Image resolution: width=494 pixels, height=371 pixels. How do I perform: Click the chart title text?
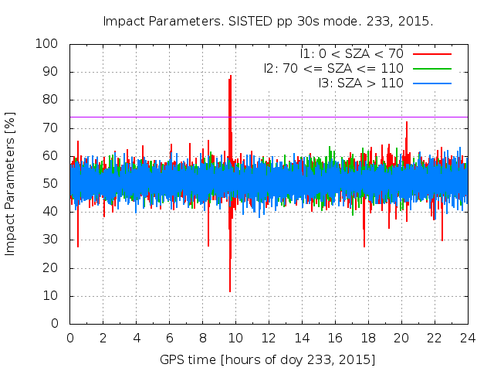coord(268,21)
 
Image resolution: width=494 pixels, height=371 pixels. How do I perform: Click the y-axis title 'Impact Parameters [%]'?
coord(11,184)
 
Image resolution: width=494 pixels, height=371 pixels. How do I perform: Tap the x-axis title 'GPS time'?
coord(267,360)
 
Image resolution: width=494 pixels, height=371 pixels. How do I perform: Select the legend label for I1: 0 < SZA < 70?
coord(352,53)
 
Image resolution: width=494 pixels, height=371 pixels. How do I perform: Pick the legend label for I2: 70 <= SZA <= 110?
coord(333,68)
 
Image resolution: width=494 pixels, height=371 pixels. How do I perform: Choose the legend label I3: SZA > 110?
coord(360,83)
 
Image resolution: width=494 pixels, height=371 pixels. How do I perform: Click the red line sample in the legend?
coord(432,53)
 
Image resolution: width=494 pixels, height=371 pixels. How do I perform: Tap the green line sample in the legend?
coord(432,68)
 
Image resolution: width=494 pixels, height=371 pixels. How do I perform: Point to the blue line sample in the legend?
coord(432,83)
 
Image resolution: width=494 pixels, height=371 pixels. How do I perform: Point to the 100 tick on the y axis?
coord(51,44)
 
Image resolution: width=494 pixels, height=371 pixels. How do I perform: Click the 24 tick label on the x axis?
coord(467,338)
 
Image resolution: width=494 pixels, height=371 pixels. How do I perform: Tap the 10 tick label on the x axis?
coord(235,338)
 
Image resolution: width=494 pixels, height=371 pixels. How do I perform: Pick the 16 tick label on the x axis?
coord(335,338)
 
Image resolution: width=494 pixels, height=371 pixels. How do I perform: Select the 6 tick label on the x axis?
coord(170,338)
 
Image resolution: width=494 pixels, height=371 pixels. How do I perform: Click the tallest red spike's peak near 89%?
coord(230,76)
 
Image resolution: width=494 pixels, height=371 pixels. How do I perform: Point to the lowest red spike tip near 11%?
coord(229,291)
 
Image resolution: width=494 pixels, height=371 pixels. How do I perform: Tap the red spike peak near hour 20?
coord(407,122)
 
